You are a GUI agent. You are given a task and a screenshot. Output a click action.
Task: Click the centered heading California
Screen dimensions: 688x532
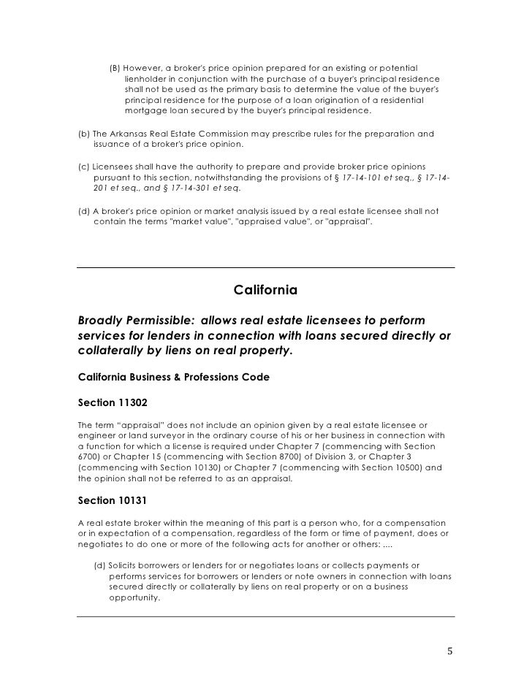[265, 290]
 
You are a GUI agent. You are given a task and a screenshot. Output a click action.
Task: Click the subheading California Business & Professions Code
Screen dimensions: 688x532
[173, 377]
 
